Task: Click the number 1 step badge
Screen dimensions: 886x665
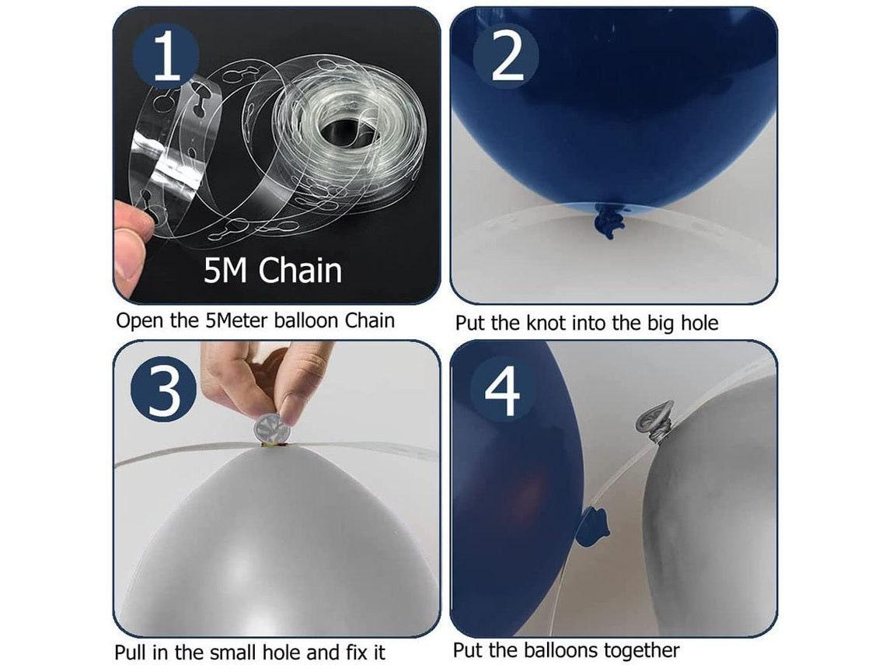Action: tap(166, 56)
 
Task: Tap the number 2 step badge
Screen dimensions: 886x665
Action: tap(506, 56)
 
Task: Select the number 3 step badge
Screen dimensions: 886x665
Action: tap(164, 390)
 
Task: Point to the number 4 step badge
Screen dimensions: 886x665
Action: tap(502, 390)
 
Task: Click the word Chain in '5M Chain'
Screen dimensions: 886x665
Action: tap(300, 271)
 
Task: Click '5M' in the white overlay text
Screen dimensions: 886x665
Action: tap(225, 271)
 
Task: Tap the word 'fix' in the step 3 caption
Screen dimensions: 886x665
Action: tap(351, 652)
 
